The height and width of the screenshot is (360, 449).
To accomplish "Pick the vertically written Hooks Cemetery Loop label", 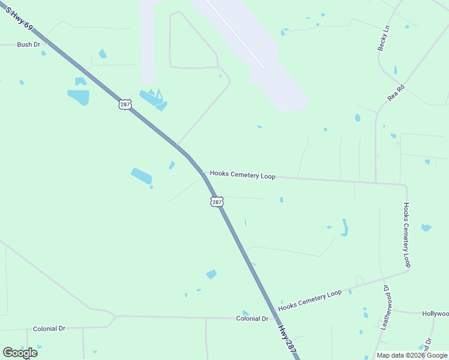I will pos(406,235).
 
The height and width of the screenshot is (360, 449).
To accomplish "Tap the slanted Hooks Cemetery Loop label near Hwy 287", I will pos(310,299).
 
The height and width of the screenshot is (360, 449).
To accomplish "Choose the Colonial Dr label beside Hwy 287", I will pos(252,319).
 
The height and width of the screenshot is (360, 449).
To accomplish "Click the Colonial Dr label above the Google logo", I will pos(49,329).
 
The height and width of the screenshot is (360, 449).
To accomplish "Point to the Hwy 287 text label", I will pos(288,343).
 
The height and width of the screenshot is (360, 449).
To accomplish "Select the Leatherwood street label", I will pos(386,307).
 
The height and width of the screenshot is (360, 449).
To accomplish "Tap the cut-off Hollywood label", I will pos(435,314).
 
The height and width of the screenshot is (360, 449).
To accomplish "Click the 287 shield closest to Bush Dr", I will pos(124,104).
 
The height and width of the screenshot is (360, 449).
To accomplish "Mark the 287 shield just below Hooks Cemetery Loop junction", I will pos(217,202).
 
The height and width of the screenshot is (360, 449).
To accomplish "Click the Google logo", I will pos(20,353).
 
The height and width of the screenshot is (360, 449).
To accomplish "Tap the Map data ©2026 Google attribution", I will pos(411,355).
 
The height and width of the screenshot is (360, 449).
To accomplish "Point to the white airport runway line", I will pos(234,33).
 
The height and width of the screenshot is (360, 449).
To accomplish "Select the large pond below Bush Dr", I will pos(79,96).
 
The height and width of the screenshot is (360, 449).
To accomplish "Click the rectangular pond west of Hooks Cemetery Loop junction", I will pos(142,176).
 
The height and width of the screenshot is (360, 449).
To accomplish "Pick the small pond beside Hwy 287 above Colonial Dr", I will pos(211,274).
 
